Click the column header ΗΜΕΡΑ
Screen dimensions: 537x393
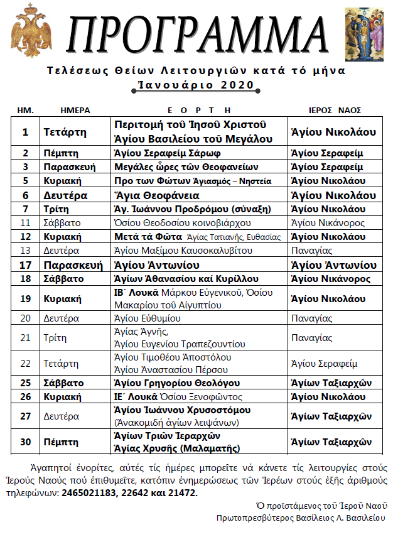click(x=75, y=110)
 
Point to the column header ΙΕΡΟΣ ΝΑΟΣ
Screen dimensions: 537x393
click(x=337, y=110)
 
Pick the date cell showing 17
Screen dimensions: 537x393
click(x=26, y=264)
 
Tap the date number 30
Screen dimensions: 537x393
click(x=26, y=442)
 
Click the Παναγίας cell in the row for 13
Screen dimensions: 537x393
click(x=312, y=251)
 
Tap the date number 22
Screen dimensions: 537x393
click(x=26, y=363)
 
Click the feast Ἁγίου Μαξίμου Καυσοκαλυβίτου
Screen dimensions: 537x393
click(x=183, y=251)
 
